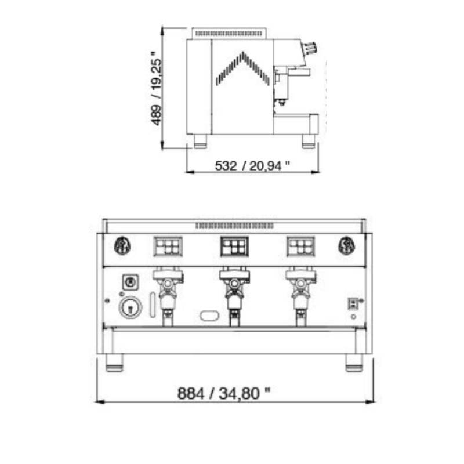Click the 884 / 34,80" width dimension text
point(224,393)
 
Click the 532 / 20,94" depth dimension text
point(252,165)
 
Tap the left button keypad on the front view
point(168,246)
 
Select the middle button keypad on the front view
point(234,246)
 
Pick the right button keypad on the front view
point(300,246)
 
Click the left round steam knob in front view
point(122,245)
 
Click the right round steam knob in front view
point(347,245)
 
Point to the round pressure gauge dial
point(130,307)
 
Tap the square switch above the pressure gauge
point(130,282)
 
